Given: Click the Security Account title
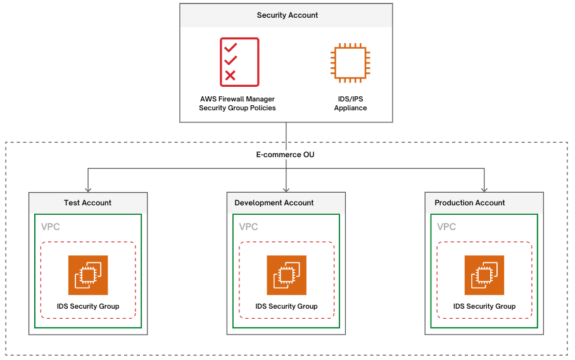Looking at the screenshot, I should (x=287, y=15).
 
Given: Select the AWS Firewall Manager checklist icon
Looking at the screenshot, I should (x=239, y=61).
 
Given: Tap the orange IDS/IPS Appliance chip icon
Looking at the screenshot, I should (x=350, y=62).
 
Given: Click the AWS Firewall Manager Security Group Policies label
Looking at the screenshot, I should (x=237, y=103).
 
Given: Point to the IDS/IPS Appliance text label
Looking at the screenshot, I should (x=350, y=103).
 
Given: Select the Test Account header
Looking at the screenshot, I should (x=87, y=203).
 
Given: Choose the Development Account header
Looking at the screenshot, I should (x=274, y=203).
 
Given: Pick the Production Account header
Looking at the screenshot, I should (x=470, y=203).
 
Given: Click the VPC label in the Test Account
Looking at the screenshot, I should (x=51, y=227).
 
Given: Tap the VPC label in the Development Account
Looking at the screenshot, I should (x=248, y=227).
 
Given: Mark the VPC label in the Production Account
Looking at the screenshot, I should (x=446, y=227).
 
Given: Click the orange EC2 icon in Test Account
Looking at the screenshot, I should (x=88, y=275).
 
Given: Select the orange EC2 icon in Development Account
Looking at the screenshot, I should (x=286, y=275).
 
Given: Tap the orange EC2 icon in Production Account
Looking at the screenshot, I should (x=484, y=275).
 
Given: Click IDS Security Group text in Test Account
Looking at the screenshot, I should (x=88, y=306).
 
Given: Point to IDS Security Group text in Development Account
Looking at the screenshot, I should (x=286, y=306).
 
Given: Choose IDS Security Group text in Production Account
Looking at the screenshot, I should (x=484, y=306).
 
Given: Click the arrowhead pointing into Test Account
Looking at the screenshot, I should (x=88, y=189).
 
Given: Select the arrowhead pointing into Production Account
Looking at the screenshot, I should (x=484, y=189).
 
